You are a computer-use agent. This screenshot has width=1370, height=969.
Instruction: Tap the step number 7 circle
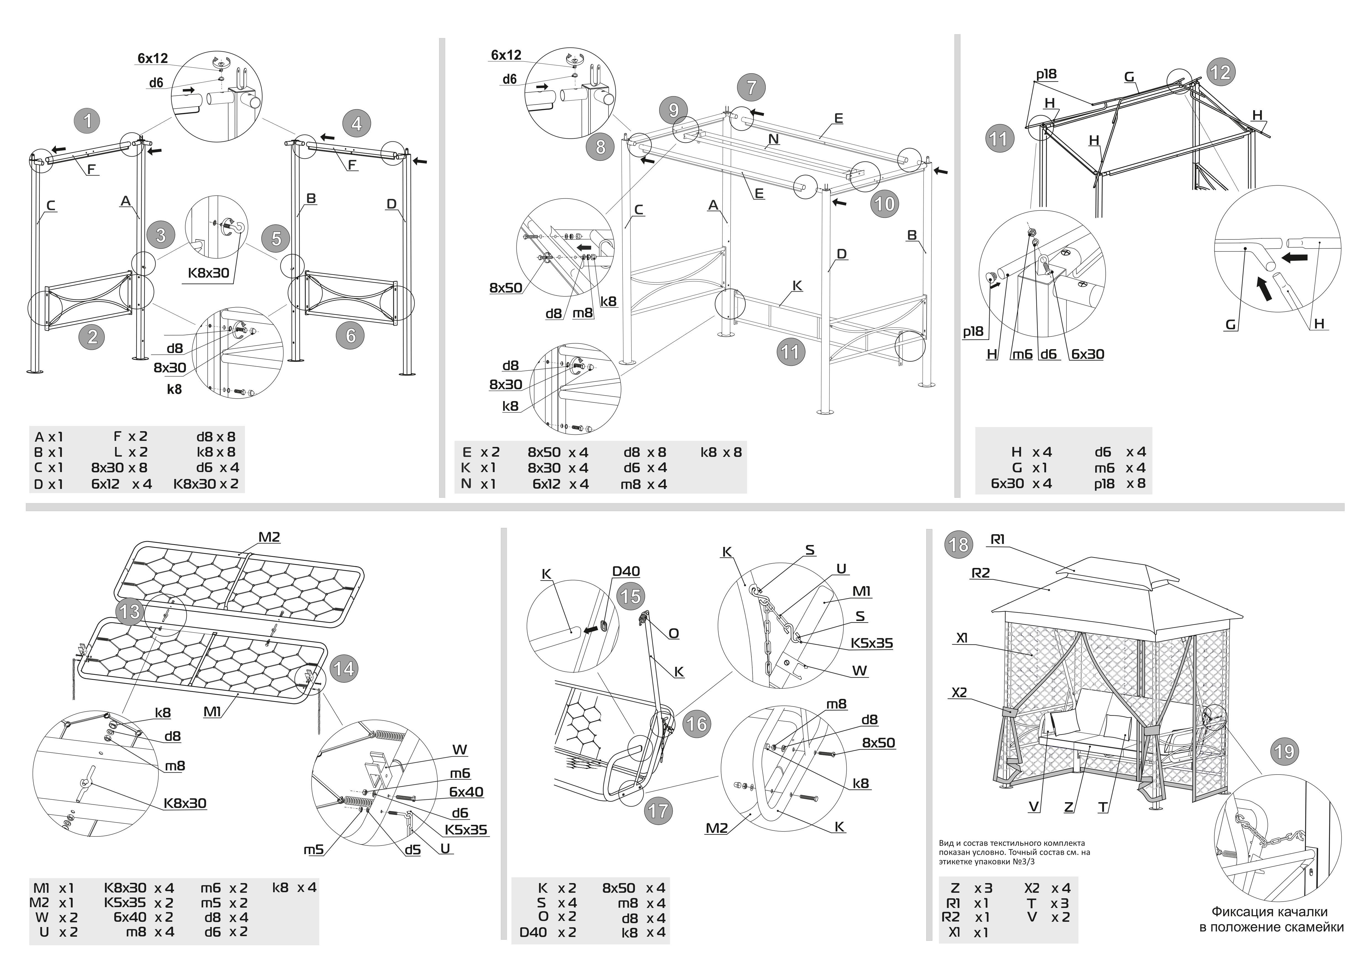(751, 88)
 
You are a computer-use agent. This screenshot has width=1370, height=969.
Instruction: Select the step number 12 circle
(1220, 72)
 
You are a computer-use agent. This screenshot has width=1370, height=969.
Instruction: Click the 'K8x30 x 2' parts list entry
(206, 484)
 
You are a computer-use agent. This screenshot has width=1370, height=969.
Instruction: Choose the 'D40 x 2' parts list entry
(548, 932)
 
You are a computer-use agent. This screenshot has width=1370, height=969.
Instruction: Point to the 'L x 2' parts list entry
(130, 452)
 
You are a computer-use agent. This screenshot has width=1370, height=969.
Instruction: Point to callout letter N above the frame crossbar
(773, 139)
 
